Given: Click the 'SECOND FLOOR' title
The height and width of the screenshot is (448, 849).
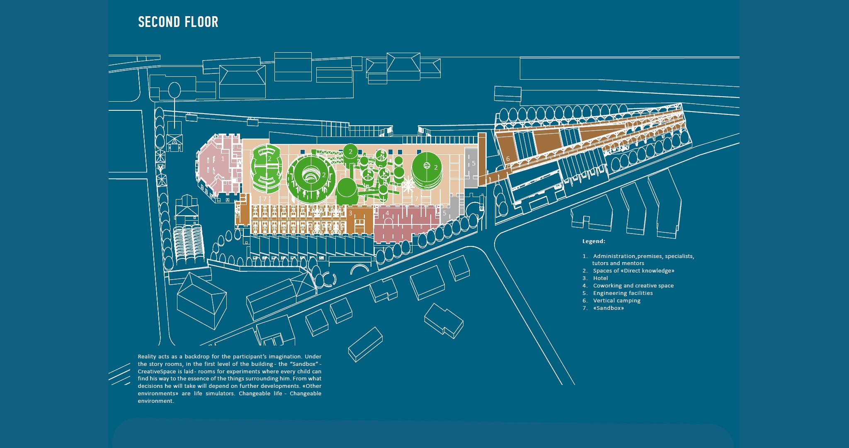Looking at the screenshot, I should pyautogui.click(x=178, y=22).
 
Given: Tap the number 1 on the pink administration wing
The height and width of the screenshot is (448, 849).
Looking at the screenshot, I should pyautogui.click(x=223, y=158).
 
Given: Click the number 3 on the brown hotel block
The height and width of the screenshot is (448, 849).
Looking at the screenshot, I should pyautogui.click(x=350, y=213).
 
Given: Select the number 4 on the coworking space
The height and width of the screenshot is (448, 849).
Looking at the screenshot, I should pyautogui.click(x=387, y=213).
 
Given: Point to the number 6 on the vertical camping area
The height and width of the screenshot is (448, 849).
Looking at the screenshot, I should pyautogui.click(x=508, y=159).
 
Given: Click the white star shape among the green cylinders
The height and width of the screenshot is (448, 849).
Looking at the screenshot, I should pyautogui.click(x=408, y=185).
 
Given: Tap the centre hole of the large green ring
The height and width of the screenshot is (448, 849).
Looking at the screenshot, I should pyautogui.click(x=310, y=177).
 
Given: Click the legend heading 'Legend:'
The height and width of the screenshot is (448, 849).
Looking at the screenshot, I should pyautogui.click(x=594, y=241).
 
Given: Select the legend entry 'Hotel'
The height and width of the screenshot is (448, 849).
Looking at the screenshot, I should pyautogui.click(x=600, y=278).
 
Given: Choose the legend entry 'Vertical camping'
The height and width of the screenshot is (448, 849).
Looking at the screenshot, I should pyautogui.click(x=616, y=301).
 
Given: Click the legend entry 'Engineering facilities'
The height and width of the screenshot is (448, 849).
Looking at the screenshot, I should pyautogui.click(x=623, y=293).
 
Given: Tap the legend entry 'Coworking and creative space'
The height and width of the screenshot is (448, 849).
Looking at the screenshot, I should pyautogui.click(x=633, y=286).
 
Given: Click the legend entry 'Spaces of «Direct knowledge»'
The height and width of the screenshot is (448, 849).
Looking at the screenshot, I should pyautogui.click(x=633, y=271).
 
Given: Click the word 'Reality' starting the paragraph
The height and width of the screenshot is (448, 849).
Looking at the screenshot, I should pyautogui.click(x=147, y=357).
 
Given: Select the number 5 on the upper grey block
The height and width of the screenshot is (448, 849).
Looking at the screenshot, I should pyautogui.click(x=473, y=163).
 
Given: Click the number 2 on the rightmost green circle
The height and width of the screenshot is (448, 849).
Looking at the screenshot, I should pyautogui.click(x=436, y=168).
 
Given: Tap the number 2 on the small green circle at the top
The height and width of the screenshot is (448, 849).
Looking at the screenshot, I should pyautogui.click(x=350, y=151).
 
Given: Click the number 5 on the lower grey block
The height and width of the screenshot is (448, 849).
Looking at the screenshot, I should pyautogui.click(x=444, y=213).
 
